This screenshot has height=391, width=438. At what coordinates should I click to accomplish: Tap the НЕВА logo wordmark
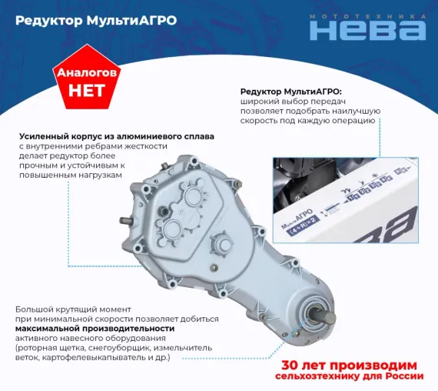367,31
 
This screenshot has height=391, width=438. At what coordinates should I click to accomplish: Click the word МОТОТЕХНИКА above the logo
367,15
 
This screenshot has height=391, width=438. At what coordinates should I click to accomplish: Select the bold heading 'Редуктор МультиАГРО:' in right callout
296,90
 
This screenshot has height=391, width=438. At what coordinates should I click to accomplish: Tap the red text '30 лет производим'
350,364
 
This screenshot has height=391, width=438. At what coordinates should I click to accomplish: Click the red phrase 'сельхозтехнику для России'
350,376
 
